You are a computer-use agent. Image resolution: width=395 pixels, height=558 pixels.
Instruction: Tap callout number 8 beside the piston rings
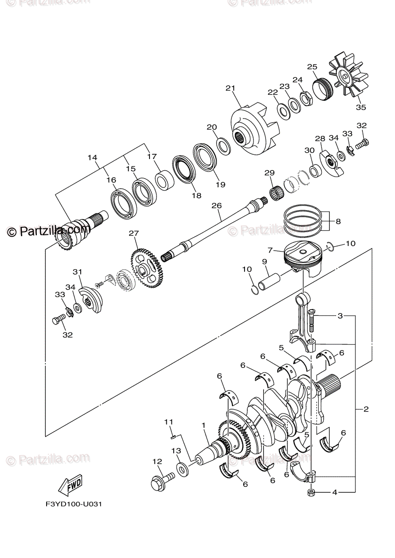[x=338, y=222]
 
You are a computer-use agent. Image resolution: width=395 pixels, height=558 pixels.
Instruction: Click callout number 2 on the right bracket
[x=366, y=409]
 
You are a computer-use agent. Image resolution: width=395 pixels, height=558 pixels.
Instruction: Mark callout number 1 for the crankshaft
[x=203, y=425]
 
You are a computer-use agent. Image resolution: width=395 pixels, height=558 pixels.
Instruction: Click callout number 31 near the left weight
[x=77, y=272]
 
